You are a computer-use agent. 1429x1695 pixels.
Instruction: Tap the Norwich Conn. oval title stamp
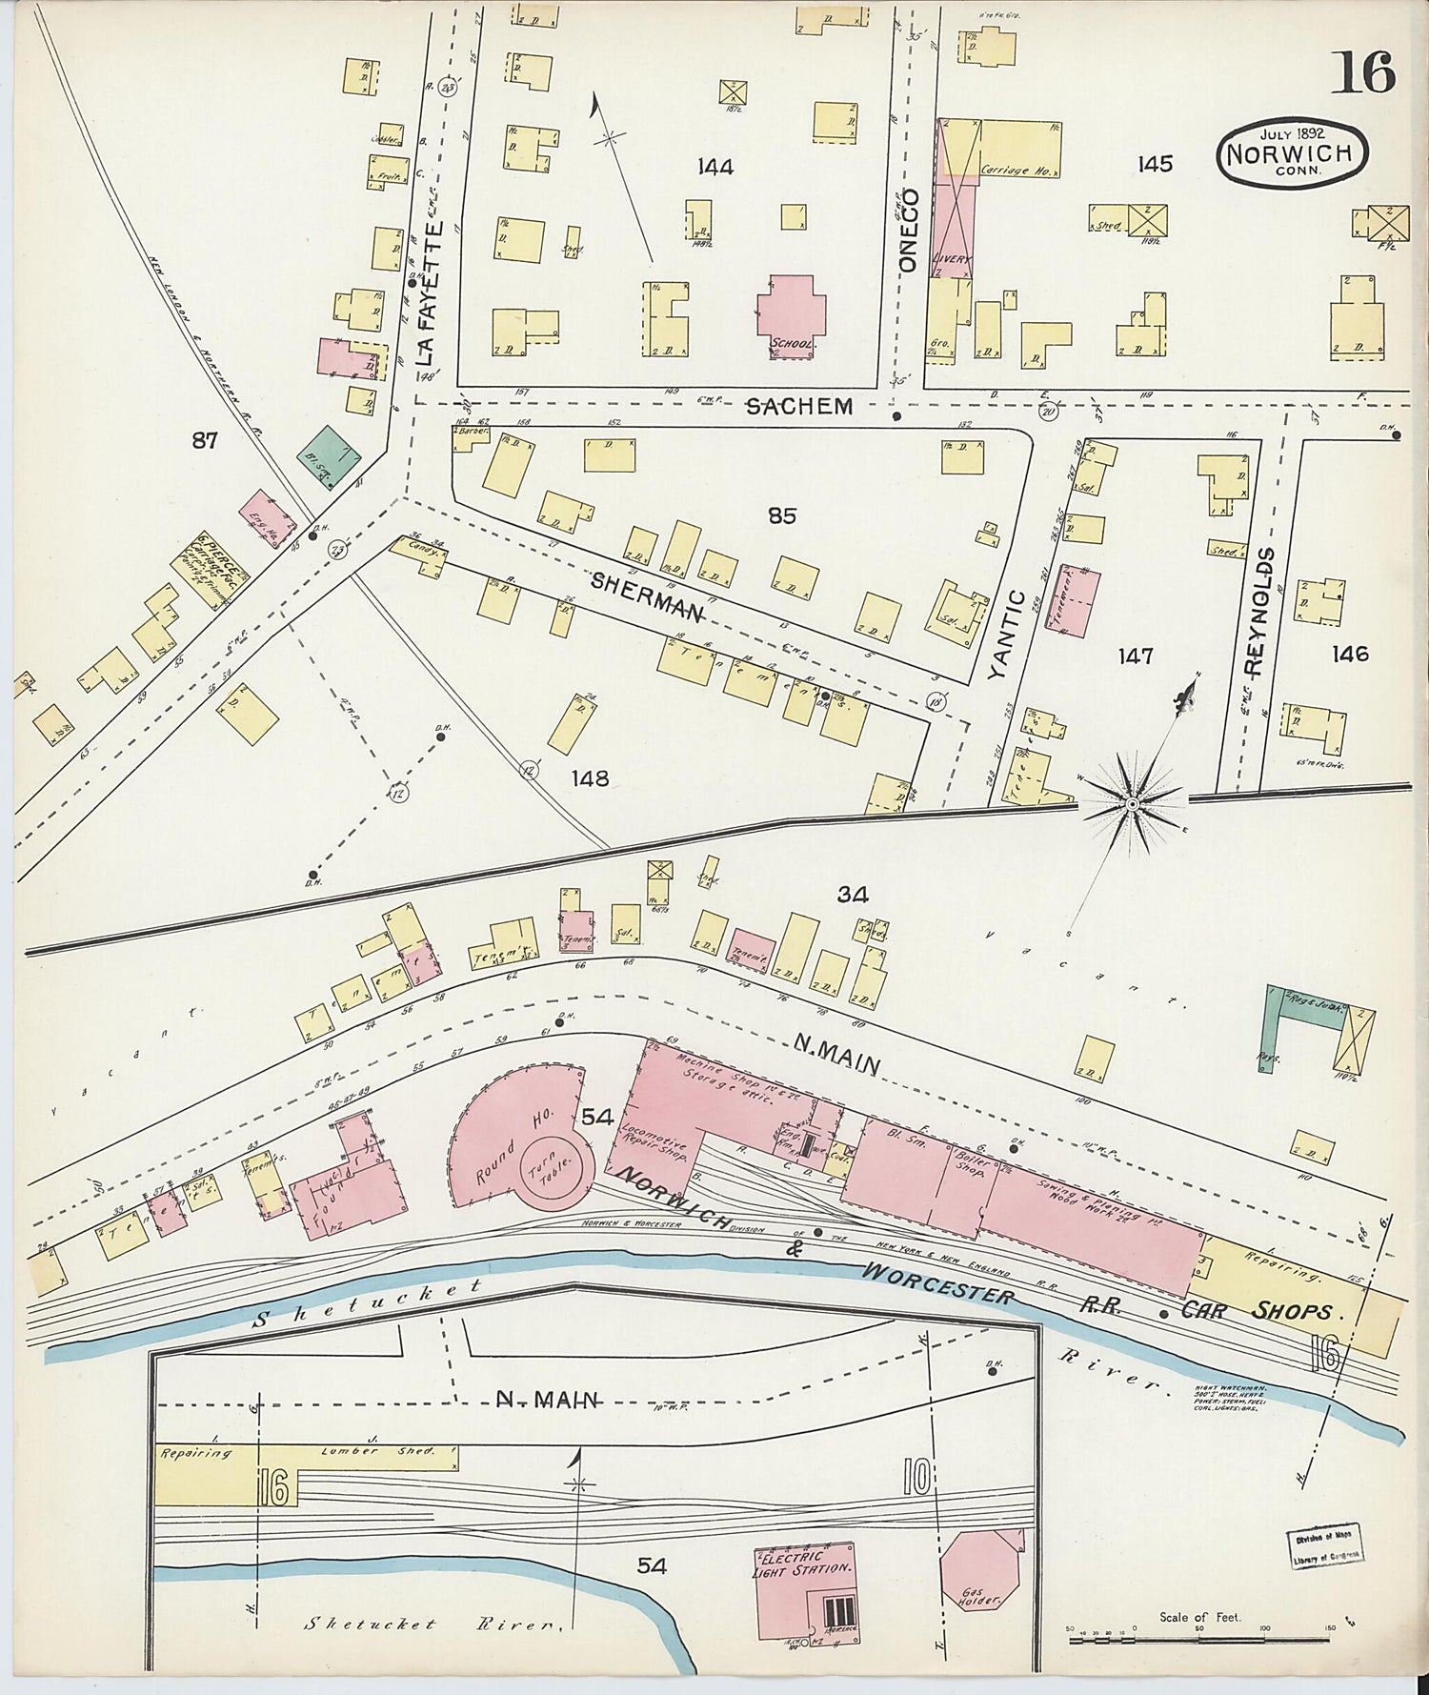click(x=1292, y=152)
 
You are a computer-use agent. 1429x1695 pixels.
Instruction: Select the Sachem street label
click(x=798, y=407)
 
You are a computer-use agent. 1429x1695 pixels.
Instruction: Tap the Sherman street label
click(x=647, y=595)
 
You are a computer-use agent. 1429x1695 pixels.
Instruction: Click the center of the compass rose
click(x=1132, y=805)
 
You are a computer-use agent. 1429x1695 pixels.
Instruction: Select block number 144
click(x=714, y=168)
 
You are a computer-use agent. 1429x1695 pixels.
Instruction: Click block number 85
click(x=782, y=515)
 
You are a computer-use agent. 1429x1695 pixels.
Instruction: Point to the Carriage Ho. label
click(x=1018, y=171)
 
